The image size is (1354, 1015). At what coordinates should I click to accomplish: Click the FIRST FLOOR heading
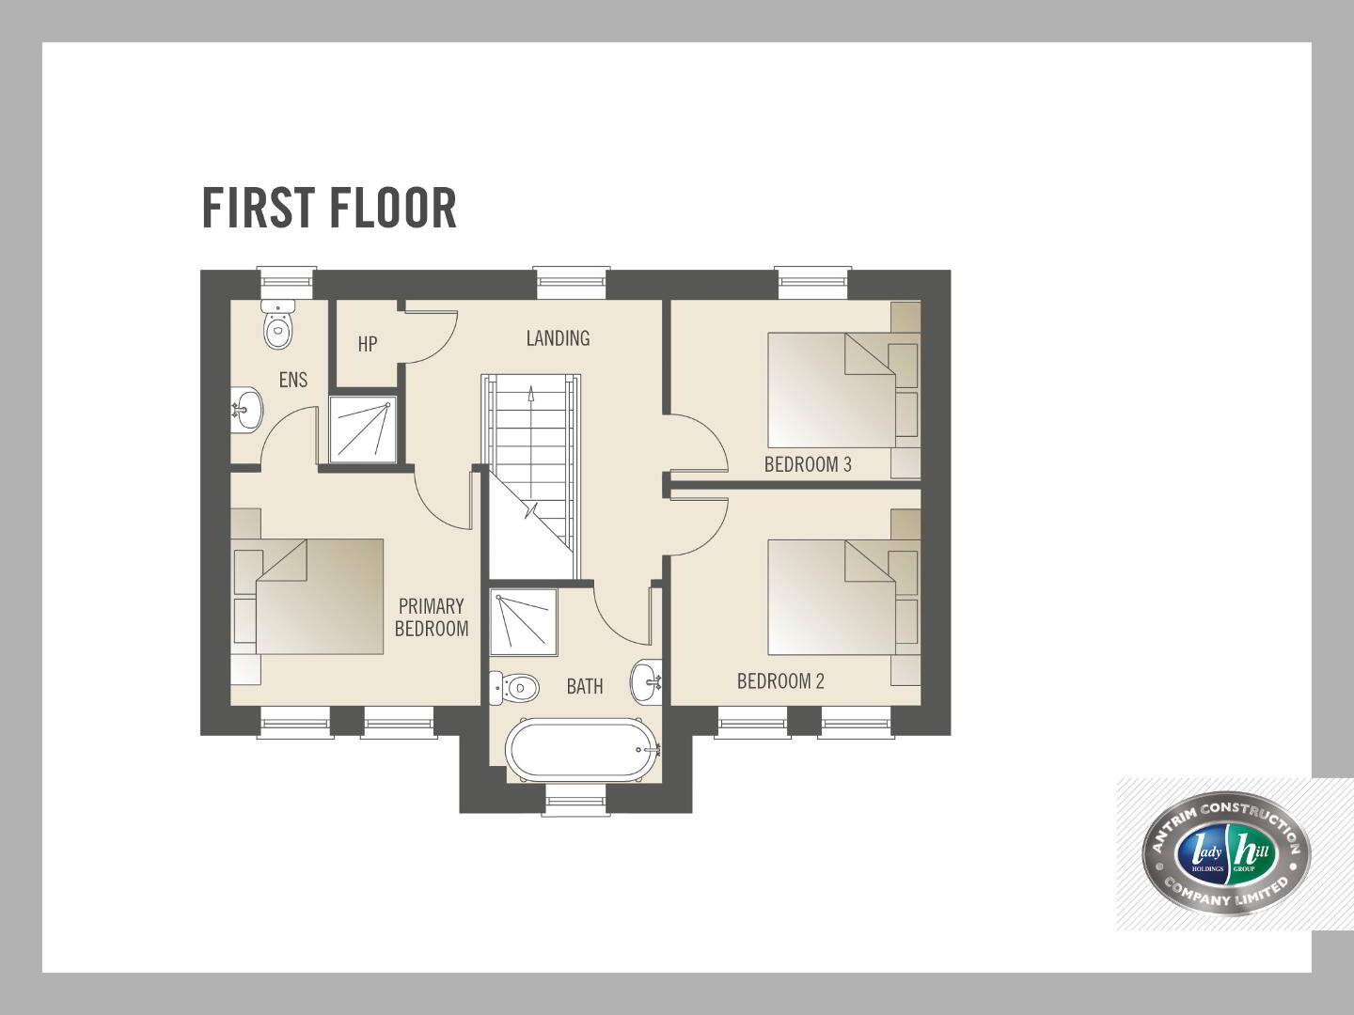329,209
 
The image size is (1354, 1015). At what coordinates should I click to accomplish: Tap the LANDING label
558,338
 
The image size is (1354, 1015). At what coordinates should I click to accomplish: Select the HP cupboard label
367,344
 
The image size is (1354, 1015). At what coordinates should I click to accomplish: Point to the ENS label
293,380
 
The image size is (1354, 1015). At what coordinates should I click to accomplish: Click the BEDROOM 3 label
808,464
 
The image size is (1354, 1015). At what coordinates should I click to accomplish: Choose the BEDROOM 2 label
780,681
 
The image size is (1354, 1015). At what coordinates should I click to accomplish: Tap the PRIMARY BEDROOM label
432,617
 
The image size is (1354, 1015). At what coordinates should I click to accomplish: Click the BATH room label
584,686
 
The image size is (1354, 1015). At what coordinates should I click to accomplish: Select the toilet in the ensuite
278,325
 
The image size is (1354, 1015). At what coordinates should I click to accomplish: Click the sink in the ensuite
246,409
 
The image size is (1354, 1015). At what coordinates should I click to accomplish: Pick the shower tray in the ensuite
363,429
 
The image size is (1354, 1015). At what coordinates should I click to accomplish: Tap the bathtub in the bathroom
583,749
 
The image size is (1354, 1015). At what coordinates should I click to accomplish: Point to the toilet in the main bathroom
513,688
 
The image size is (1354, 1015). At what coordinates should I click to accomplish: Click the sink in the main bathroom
646,681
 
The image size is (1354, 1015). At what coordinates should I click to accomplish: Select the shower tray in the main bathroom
524,622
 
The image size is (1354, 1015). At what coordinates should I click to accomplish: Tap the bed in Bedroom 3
831,390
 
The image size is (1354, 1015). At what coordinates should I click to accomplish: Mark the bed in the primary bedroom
320,597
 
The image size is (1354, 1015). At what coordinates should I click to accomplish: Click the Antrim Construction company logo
1226,853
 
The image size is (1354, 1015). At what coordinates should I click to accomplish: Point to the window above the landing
571,284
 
